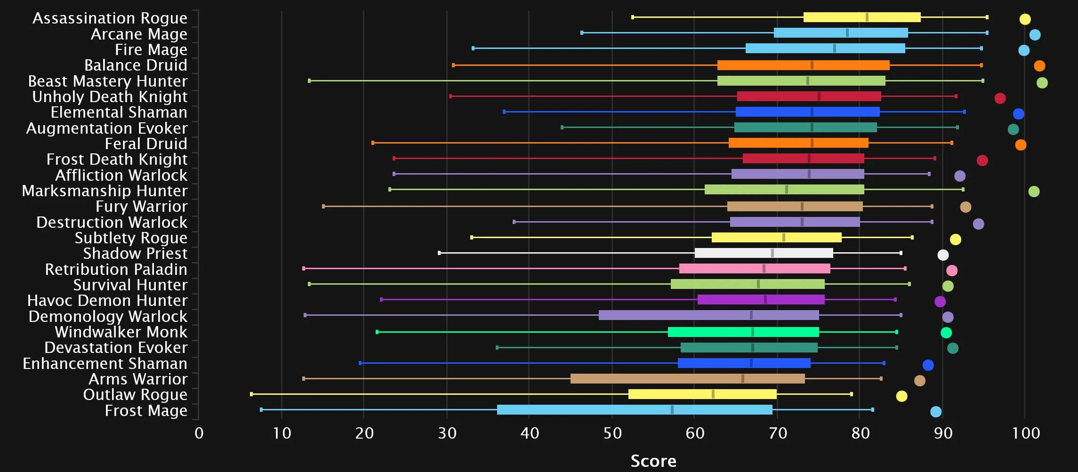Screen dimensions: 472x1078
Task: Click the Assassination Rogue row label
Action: point(110,18)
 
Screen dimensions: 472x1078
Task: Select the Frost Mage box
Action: point(635,409)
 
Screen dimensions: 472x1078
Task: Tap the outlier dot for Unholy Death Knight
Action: point(1000,98)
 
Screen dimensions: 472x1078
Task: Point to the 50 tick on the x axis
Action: point(612,433)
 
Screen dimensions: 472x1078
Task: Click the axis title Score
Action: point(653,461)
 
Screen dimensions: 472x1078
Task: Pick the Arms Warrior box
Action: point(687,378)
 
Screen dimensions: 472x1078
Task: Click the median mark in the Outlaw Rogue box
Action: point(713,394)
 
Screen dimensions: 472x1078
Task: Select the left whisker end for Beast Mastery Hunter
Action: point(309,80)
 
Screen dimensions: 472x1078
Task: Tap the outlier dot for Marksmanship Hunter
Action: point(1034,191)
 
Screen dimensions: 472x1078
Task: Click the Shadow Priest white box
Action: point(764,253)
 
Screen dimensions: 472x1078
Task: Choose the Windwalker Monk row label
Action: point(121,332)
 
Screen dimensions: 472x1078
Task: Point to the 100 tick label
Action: point(1026,433)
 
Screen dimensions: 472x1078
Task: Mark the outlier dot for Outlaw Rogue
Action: point(901,396)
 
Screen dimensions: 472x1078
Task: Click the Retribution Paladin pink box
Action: point(755,268)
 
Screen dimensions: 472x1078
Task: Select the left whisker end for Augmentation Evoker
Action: point(562,127)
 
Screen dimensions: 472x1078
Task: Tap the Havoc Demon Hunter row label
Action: point(107,300)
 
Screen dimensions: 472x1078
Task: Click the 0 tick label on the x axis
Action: point(199,433)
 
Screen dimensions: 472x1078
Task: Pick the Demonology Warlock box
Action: point(708,315)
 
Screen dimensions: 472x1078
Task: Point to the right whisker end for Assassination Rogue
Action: point(987,17)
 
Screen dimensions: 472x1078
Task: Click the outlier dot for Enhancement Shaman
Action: point(928,365)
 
